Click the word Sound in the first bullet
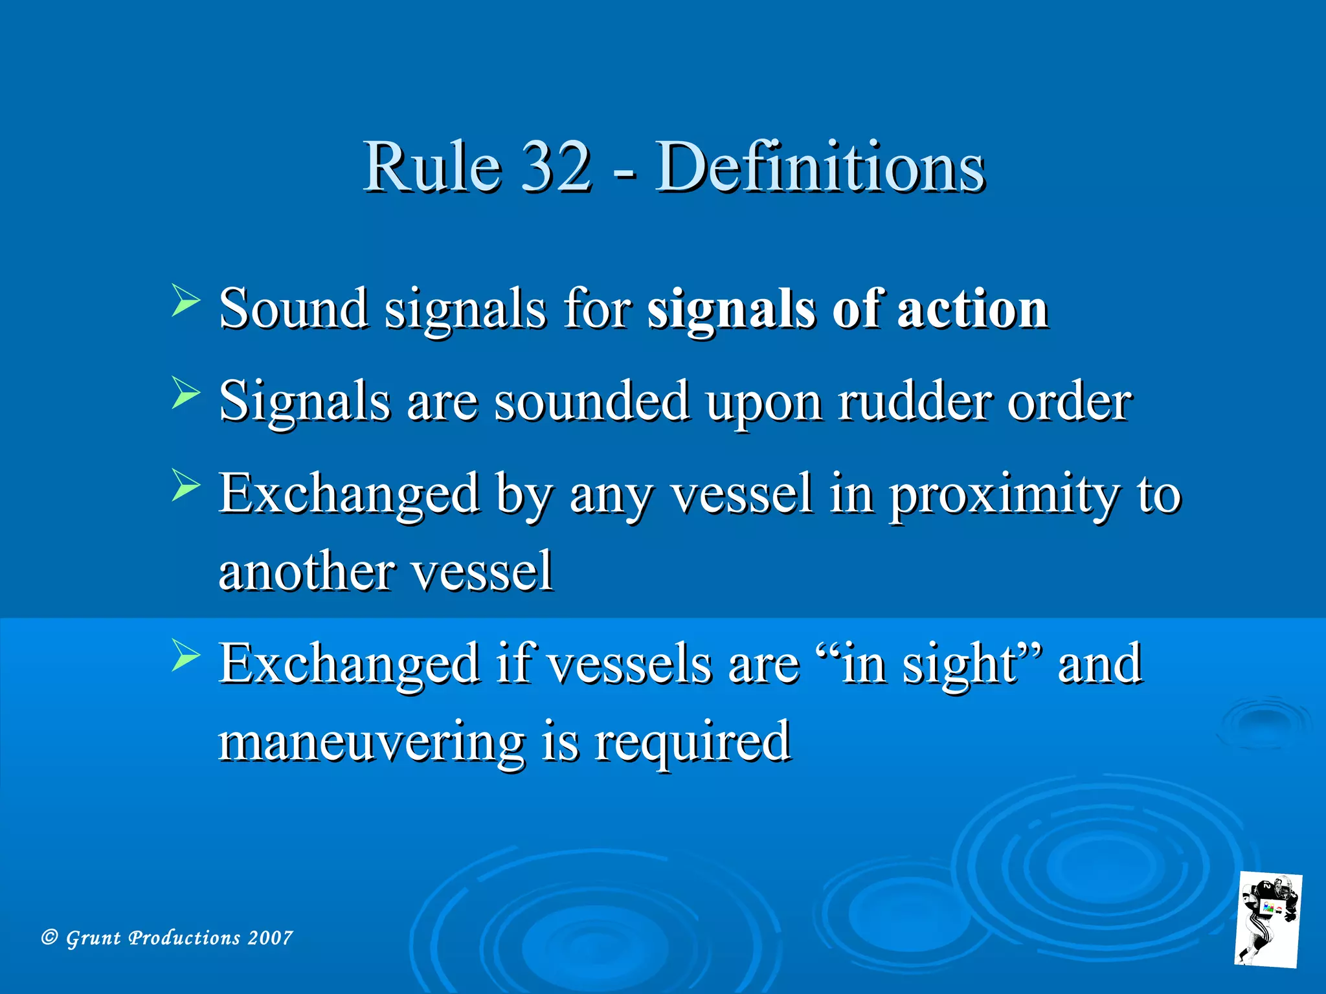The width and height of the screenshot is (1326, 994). click(x=294, y=309)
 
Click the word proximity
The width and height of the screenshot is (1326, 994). click(x=1003, y=495)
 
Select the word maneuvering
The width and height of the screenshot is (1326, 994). click(x=371, y=742)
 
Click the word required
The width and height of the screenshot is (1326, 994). click(x=692, y=742)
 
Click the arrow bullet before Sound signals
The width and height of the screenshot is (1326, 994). click(x=185, y=301)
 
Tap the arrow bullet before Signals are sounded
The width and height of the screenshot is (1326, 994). click(x=185, y=393)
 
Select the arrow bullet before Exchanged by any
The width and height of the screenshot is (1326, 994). click(x=185, y=486)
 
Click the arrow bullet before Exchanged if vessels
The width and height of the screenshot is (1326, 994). click(x=185, y=656)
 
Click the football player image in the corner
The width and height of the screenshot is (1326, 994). click(x=1267, y=920)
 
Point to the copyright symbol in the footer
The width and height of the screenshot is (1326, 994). click(x=49, y=937)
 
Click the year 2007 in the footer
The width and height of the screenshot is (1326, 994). click(x=270, y=938)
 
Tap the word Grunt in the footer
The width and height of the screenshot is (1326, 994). click(x=93, y=938)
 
